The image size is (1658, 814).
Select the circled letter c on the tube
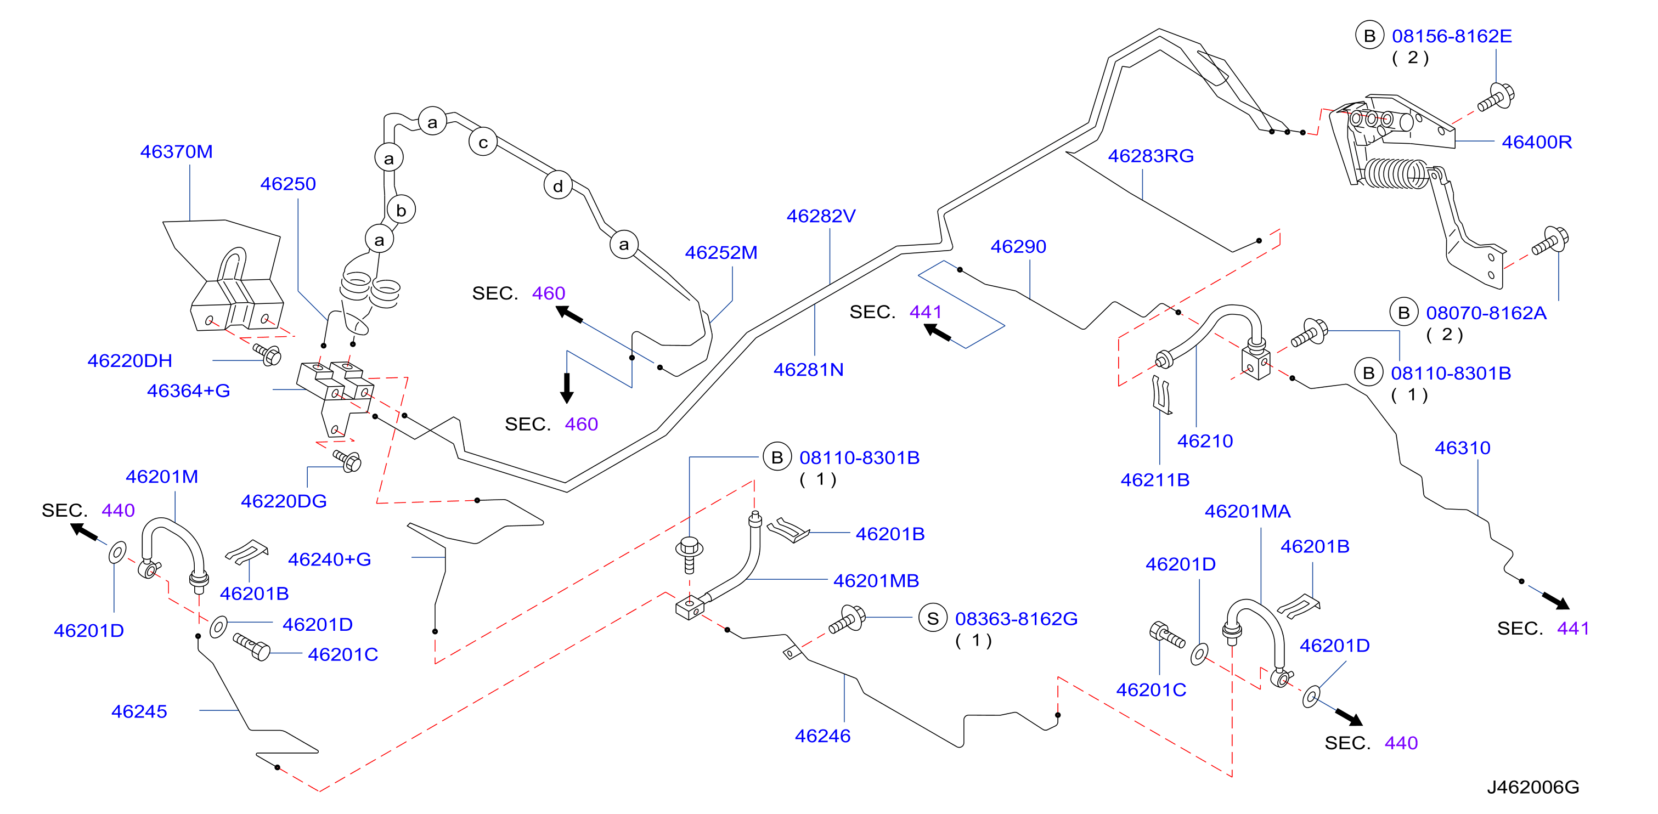tap(483, 142)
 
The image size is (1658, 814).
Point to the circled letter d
tap(558, 186)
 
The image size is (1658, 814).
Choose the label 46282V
tap(821, 216)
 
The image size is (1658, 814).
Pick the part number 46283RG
tap(1151, 156)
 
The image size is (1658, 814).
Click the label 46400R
tap(1537, 142)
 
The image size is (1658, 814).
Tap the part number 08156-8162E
tap(1452, 36)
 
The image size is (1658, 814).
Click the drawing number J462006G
tap(1533, 787)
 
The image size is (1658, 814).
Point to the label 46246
tap(822, 736)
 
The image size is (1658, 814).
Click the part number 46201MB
tap(876, 580)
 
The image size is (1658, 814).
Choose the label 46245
tap(139, 711)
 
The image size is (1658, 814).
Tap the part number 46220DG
tap(284, 501)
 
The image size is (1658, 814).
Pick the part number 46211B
tap(1155, 480)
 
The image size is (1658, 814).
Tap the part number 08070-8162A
tap(1486, 313)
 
